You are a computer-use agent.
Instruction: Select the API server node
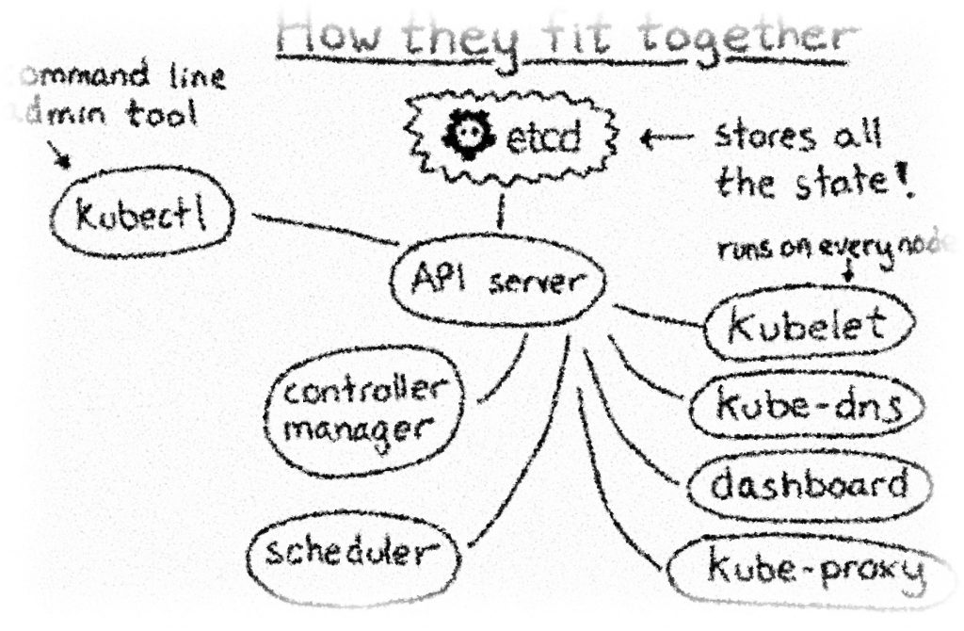[495, 282]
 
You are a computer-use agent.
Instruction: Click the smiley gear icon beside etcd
[464, 138]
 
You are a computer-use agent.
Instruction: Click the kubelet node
[808, 325]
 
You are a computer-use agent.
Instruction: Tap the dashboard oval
[809, 485]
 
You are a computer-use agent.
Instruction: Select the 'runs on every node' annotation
[838, 250]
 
